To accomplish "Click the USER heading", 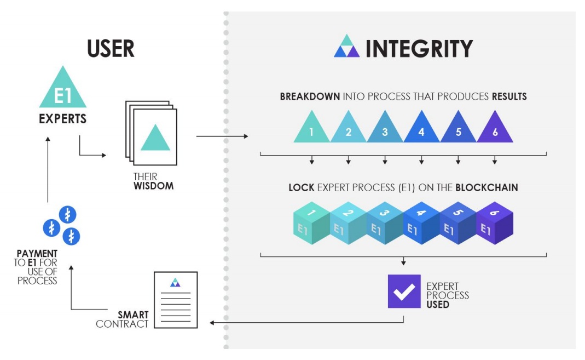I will point(111,49).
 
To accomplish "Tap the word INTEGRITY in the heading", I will point(419,49).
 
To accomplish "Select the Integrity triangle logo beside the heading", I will point(346,47).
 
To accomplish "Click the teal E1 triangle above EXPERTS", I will point(62,89).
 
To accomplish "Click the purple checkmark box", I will point(404,292).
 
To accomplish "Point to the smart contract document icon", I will point(175,300).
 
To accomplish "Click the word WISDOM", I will point(153,186).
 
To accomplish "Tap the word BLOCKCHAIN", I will point(491,187).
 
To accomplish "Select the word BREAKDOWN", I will point(310,96).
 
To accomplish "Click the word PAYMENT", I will point(37,254).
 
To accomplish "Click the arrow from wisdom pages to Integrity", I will point(221,136).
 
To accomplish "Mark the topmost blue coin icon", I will point(67,215).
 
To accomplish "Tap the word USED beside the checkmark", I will point(437,304).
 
